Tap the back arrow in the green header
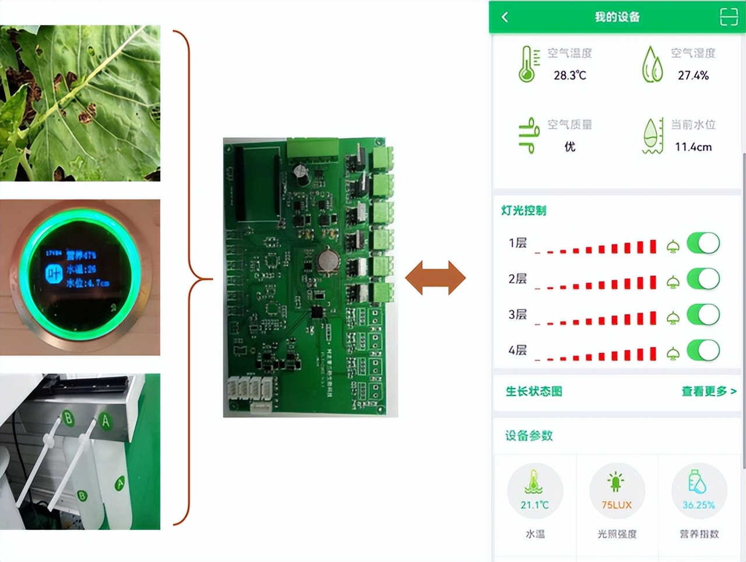[x=505, y=17]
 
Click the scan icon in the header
[x=729, y=17]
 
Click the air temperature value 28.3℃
[x=569, y=75]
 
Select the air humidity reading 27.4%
[x=693, y=75]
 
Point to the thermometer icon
[x=527, y=64]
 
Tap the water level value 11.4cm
[x=693, y=147]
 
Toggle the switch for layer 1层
[x=703, y=244]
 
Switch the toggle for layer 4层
[x=703, y=350]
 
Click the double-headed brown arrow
[x=435, y=278]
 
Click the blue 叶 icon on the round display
[x=54, y=272]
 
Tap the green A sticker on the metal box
[x=105, y=421]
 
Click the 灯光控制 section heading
[x=523, y=210]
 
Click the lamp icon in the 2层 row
[x=673, y=283]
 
